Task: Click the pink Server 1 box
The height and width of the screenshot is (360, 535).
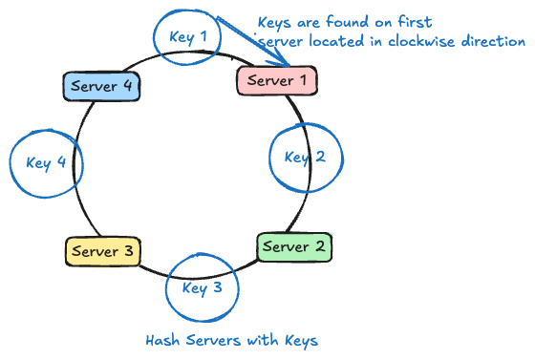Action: coord(276,80)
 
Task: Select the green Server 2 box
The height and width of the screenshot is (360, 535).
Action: coord(293,246)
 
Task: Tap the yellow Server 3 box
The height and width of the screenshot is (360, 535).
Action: coord(103,252)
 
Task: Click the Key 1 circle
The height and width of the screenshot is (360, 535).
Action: coord(188,38)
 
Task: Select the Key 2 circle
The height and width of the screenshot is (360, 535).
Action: coord(305,158)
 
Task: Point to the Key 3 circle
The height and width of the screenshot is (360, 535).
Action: coord(202,287)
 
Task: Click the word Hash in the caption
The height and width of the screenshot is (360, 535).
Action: coord(160,340)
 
